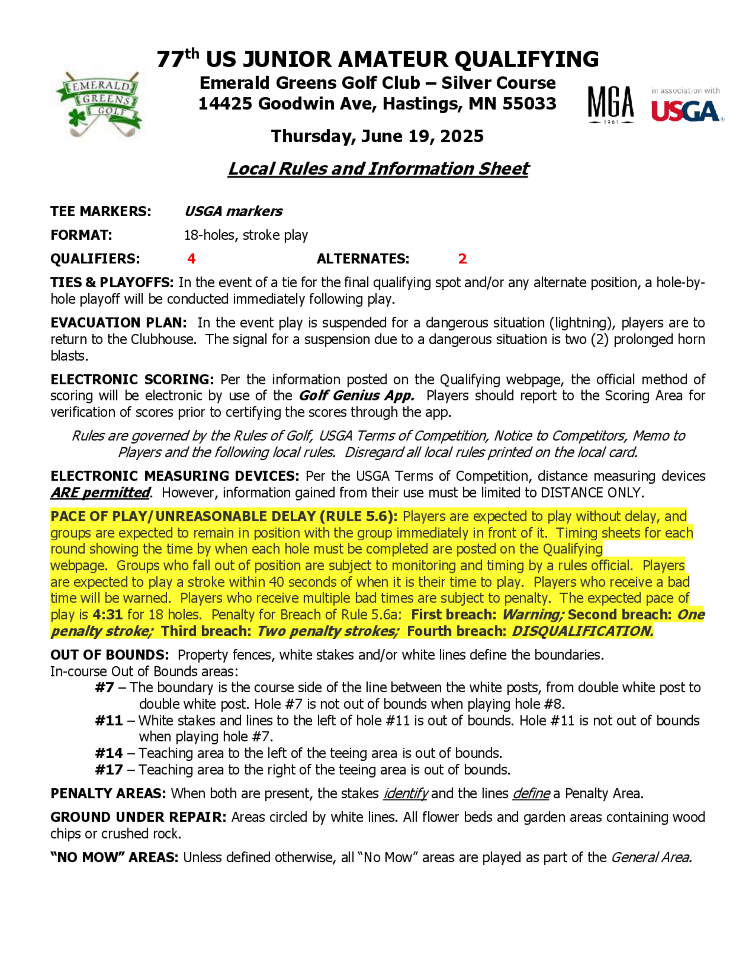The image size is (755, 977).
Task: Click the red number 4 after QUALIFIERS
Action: click(x=191, y=259)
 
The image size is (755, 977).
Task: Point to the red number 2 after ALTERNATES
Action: click(x=462, y=259)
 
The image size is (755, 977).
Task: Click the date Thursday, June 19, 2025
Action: click(x=377, y=136)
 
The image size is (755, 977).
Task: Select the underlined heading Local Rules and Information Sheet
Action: click(x=378, y=169)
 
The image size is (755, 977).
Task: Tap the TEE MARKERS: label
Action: click(x=101, y=211)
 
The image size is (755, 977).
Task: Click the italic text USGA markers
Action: click(x=233, y=211)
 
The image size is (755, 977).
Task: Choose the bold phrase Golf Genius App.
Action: click(x=356, y=396)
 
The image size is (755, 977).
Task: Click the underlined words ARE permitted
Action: click(x=100, y=493)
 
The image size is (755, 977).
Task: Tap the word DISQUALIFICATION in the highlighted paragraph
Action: click(x=582, y=631)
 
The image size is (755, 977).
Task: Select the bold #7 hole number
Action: click(x=104, y=687)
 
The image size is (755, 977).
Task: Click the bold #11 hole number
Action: click(x=109, y=721)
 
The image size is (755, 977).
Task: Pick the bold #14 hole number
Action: click(x=109, y=754)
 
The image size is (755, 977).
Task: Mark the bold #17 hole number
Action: click(x=109, y=770)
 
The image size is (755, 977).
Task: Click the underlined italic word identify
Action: click(x=405, y=794)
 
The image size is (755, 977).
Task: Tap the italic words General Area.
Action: click(x=651, y=858)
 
